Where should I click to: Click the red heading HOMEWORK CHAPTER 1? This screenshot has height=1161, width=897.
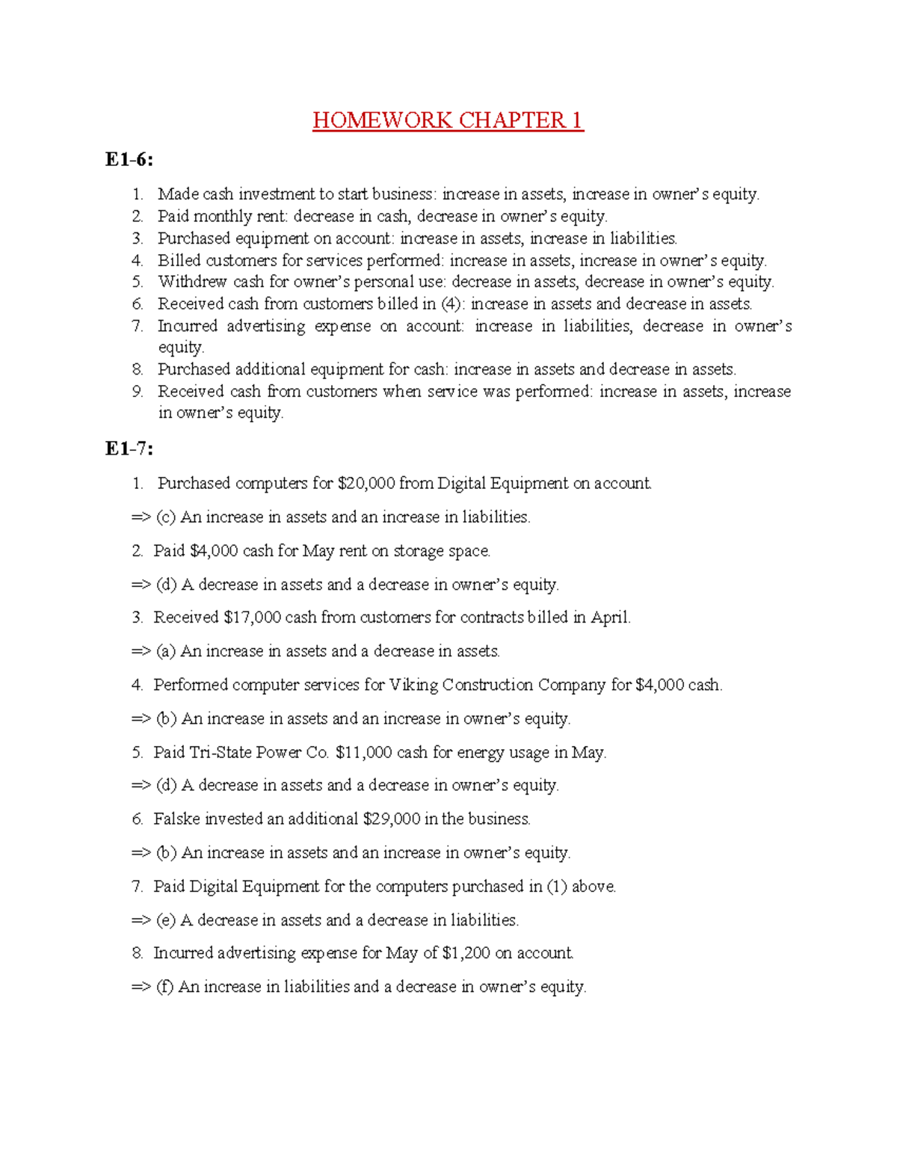448,120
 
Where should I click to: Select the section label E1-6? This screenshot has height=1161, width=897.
129,159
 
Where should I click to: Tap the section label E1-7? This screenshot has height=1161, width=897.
129,449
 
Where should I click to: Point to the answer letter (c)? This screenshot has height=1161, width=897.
165,517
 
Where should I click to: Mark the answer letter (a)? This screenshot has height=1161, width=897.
165,651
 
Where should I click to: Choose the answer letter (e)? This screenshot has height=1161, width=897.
165,920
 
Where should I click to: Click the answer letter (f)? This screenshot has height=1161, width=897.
164,987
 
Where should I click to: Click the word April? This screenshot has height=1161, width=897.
610,618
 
